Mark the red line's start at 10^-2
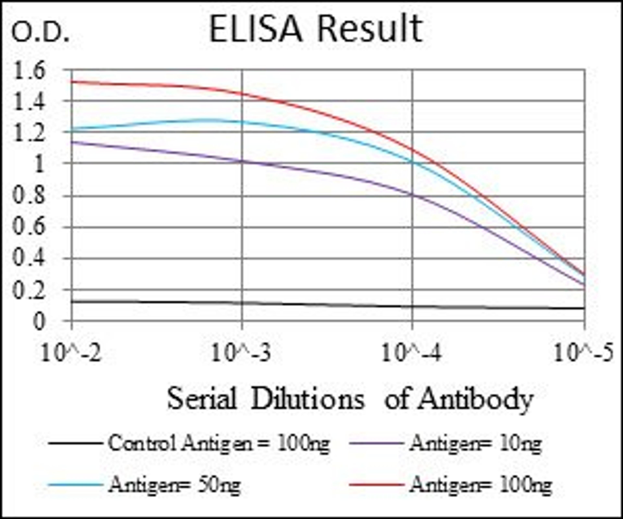pos(72,81)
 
